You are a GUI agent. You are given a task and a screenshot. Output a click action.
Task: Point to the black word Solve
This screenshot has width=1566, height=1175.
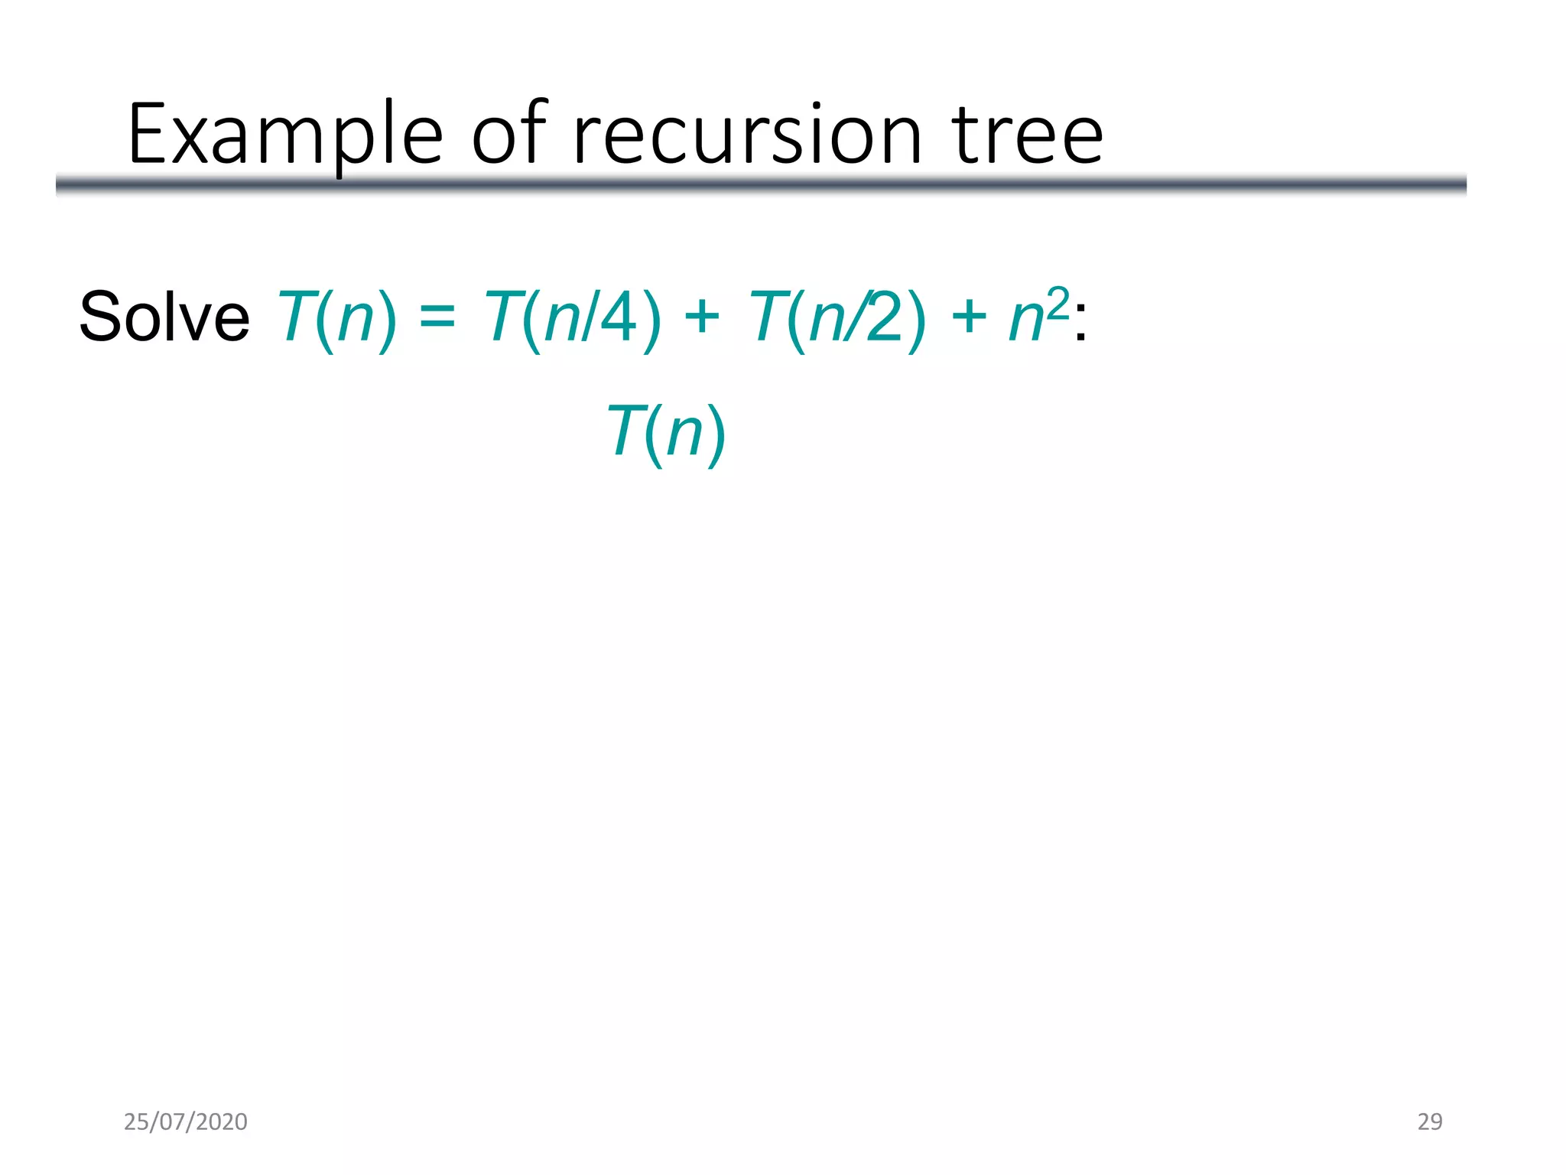[164, 317]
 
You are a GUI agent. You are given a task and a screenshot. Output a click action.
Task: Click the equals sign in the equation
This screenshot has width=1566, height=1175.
[437, 317]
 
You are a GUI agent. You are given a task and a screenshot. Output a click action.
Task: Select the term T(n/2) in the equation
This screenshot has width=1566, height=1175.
[837, 317]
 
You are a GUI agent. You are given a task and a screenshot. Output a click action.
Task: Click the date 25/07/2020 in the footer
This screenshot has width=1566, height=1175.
[186, 1121]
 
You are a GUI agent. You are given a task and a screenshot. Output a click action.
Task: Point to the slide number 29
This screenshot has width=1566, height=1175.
[1429, 1121]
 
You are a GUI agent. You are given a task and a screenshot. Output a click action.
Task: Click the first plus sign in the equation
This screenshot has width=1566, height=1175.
[702, 317]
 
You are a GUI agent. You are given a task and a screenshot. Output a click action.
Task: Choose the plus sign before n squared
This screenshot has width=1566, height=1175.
[968, 317]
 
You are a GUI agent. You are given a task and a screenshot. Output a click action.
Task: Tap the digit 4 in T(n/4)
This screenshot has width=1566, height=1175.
[619, 317]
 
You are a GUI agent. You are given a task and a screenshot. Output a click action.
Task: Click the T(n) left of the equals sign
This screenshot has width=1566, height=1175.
[336, 317]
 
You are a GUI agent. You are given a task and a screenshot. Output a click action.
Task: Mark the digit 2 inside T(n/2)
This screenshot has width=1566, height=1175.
[885, 317]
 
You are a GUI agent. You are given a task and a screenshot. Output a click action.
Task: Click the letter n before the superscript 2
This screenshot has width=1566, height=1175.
[1026, 320]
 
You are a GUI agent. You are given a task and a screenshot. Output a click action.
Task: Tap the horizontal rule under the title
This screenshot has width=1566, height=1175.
[761, 184]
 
